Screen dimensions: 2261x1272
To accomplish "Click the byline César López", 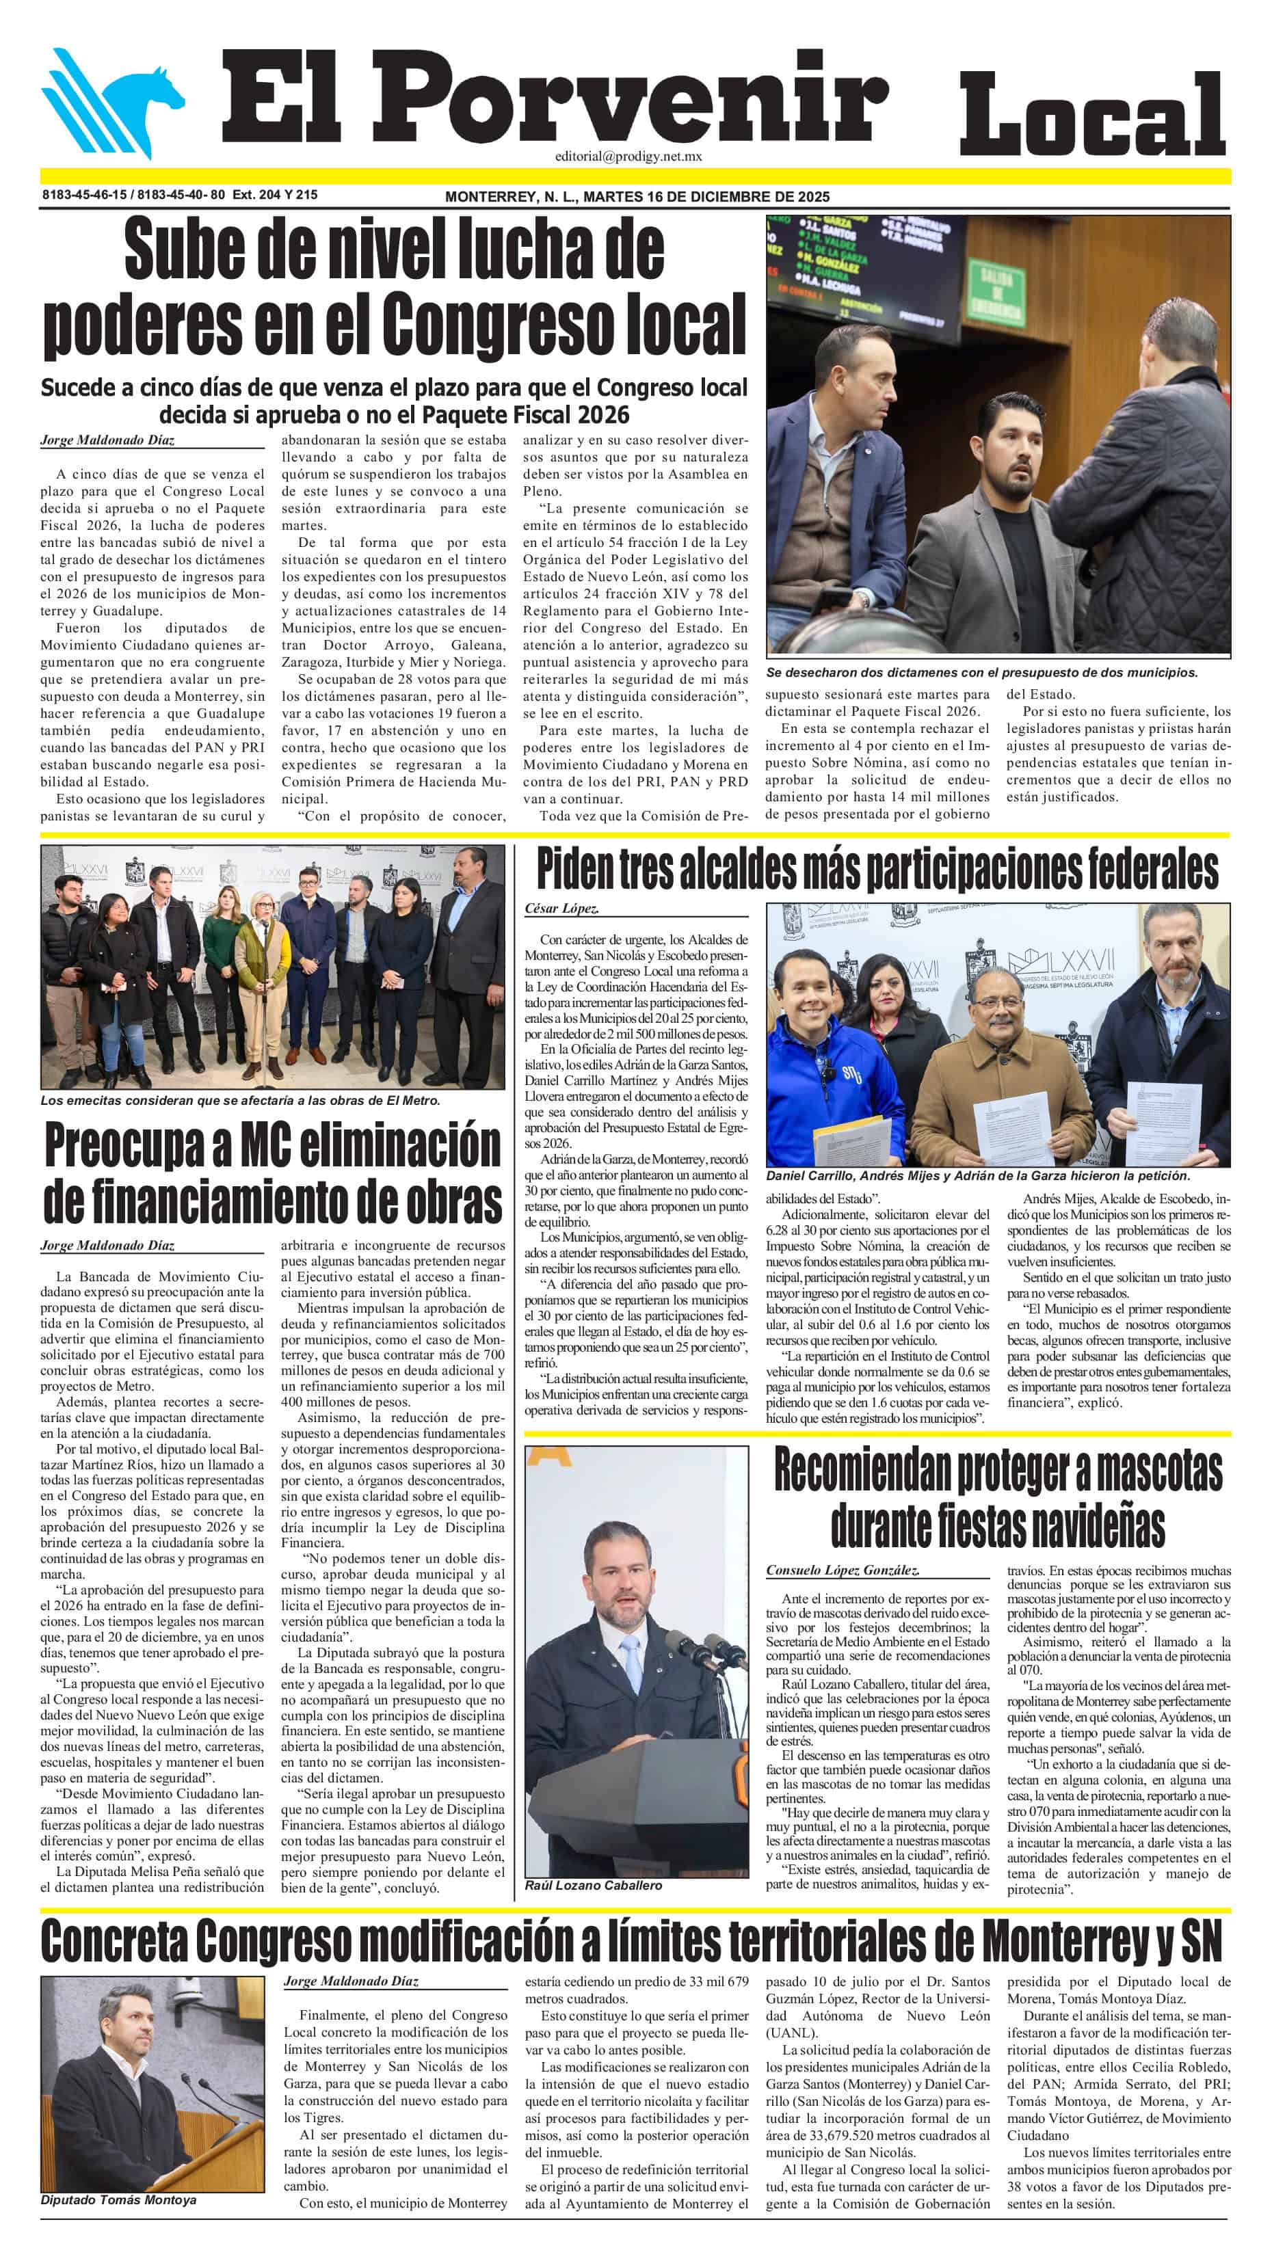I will [562, 909].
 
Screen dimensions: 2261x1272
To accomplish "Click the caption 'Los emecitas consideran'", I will [239, 1100].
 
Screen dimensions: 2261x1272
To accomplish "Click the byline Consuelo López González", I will [842, 1569].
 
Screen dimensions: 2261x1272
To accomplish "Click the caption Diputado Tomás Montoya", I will [118, 2199].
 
